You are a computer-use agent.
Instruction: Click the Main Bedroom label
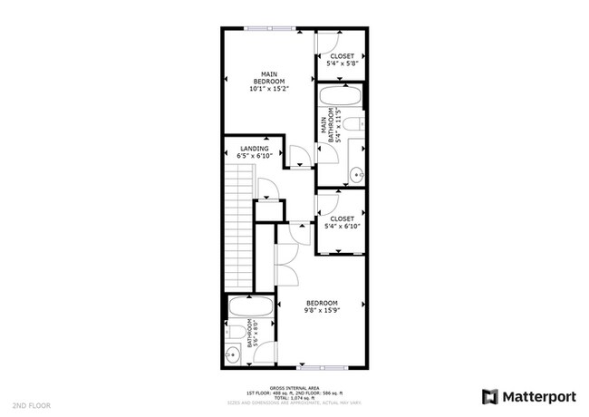(x=267, y=77)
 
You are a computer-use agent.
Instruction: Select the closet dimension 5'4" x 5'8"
(x=343, y=64)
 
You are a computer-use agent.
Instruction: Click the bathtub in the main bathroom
(x=341, y=98)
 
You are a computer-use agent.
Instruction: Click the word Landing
(x=254, y=149)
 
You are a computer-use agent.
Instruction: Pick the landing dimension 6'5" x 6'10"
(x=254, y=156)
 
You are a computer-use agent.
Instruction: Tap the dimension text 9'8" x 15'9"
(x=322, y=310)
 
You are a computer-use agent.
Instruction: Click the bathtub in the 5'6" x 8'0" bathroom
(x=248, y=307)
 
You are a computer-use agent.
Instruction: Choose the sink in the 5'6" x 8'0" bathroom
(x=233, y=354)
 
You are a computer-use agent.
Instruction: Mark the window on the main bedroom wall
(x=269, y=28)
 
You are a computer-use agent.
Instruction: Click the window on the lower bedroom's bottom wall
(x=322, y=368)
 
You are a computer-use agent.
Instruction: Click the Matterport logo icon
(x=489, y=396)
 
